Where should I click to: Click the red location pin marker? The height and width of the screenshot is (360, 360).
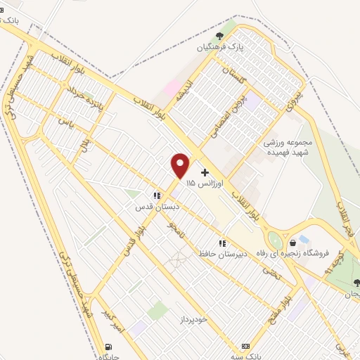coord(181,165)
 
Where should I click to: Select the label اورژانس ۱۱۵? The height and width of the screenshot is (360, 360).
coord(205,183)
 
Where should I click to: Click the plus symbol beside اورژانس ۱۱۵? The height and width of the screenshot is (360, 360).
coord(205,172)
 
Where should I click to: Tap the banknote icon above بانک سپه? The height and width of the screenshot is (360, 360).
coord(245,346)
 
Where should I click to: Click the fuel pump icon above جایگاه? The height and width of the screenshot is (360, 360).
coord(108,346)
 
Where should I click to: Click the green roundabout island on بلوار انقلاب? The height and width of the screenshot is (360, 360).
coord(276,240)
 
